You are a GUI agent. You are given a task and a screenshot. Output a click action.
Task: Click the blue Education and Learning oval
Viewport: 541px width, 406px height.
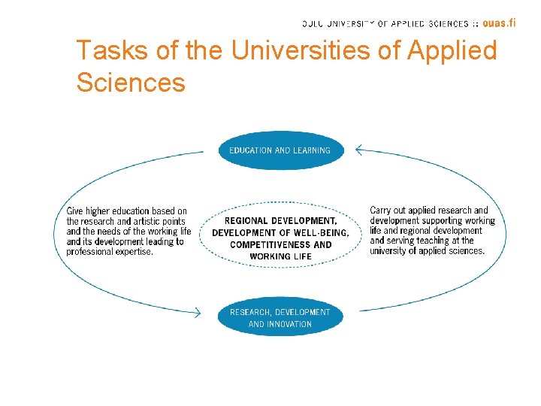280,150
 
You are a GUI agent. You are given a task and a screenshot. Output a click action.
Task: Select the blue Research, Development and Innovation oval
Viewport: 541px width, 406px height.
280,317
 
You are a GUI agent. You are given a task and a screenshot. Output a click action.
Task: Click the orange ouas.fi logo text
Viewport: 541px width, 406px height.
499,23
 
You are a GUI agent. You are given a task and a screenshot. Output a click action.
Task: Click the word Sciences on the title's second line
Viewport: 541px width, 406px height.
130,82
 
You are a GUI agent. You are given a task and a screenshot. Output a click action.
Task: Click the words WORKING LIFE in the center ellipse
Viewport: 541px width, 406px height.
280,256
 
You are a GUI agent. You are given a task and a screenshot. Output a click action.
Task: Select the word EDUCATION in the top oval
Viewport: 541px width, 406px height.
251,150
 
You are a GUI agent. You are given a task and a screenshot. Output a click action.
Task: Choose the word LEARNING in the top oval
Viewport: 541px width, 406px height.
312,150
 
